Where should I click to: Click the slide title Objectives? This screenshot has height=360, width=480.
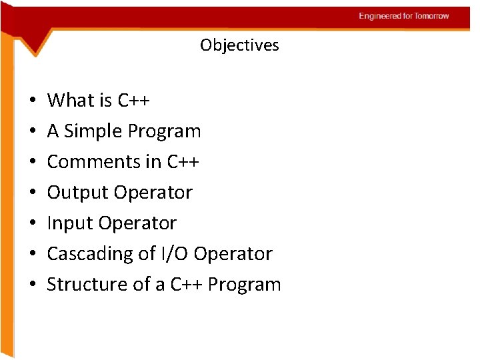239,45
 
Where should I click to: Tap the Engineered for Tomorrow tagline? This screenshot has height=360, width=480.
404,16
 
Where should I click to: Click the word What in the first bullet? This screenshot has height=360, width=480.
71,101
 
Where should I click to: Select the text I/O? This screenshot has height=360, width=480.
173,254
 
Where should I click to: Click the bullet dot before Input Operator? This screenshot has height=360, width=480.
32,224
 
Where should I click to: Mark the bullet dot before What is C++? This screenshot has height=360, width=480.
32,101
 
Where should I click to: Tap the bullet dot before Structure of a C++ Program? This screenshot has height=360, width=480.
32,285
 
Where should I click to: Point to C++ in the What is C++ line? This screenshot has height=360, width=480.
134,101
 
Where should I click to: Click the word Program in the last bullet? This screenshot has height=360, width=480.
244,285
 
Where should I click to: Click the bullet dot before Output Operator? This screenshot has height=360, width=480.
32,193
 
